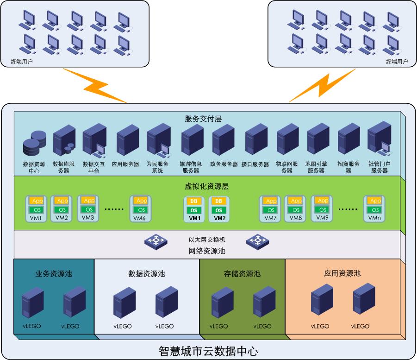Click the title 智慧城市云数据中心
pyautogui.click(x=208, y=351)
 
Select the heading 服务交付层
pyautogui.click(x=203, y=119)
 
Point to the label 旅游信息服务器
pyautogui.click(x=191, y=167)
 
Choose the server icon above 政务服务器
pyautogui.click(x=223, y=140)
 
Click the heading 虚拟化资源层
pyautogui.click(x=204, y=187)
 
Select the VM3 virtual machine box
pyautogui.click(x=88, y=208)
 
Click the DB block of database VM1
pyautogui.click(x=194, y=201)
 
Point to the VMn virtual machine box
pyautogui.click(x=374, y=208)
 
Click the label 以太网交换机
pyautogui.click(x=207, y=240)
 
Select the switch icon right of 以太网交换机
pyautogui.click(x=257, y=240)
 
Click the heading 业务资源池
pyautogui.click(x=54, y=273)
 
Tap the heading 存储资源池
pyautogui.click(x=242, y=274)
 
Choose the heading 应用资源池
pyautogui.click(x=342, y=273)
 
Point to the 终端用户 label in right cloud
pyautogui.click(x=397, y=61)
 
